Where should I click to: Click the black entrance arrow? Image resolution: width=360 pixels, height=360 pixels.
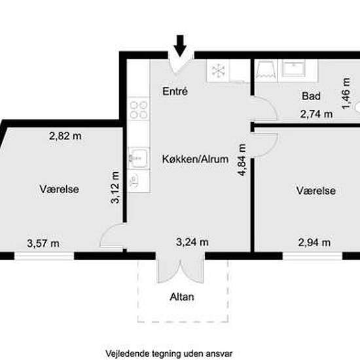coord(180,45)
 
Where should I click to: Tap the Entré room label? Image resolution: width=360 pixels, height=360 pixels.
coord(175,92)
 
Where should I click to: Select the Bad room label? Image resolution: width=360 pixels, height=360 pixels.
coord(311,96)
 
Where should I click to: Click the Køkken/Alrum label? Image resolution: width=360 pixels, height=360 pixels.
coord(195,159)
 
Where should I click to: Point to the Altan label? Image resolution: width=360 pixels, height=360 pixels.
coord(182,297)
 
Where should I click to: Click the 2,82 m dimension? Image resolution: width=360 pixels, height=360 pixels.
coord(65,136)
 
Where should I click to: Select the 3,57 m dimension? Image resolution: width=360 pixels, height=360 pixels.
coord(43,243)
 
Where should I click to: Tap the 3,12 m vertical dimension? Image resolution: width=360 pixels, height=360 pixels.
coord(115,187)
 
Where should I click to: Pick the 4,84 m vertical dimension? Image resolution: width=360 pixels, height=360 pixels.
coord(242,160)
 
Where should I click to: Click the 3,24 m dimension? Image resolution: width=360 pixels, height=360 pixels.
coord(192,242)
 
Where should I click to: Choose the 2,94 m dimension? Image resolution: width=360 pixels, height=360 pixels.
coord(314,242)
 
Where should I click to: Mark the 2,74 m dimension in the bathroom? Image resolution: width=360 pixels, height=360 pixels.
coord(316,114)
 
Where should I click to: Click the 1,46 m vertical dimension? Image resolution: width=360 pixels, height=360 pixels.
coord(346,93)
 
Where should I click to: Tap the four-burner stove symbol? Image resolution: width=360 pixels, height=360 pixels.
coord(139,111)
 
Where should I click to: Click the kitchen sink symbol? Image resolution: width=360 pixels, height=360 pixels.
coord(138,158)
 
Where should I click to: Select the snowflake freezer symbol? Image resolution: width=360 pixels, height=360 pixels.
coord(218,71)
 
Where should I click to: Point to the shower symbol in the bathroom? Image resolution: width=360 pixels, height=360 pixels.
coord(266,70)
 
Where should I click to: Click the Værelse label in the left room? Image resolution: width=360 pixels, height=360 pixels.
coord(59,189)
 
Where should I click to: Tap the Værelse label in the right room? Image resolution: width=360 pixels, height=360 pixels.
coord(316,190)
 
